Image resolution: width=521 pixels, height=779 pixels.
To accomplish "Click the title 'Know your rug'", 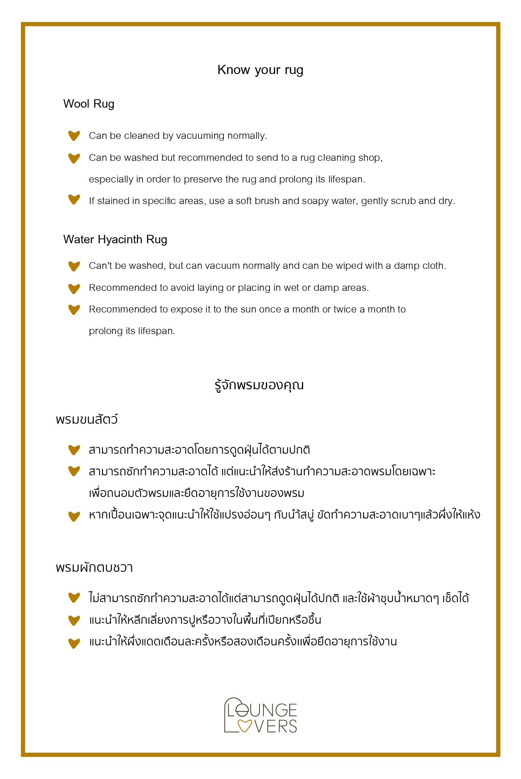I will click(260, 70).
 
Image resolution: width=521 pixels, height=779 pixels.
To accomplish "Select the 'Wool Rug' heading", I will click(89, 104).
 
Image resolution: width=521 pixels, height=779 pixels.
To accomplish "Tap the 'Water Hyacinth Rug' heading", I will click(115, 239).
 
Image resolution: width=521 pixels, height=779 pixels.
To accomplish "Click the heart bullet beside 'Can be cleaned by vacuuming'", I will click(74, 136).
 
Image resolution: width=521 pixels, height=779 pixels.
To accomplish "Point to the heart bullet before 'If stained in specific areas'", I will click(74, 199).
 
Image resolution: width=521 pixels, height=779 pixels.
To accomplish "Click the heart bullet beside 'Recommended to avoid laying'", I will click(74, 288).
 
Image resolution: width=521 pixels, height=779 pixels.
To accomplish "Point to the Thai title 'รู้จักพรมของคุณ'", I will click(259, 385).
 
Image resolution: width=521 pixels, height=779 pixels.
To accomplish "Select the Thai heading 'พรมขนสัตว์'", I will click(87, 420).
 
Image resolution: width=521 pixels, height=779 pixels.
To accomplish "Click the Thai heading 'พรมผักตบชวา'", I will click(95, 567).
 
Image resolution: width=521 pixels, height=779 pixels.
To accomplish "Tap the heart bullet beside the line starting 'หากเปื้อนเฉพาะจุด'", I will click(74, 516).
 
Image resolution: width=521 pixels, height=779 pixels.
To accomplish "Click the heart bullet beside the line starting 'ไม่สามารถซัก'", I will click(74, 598).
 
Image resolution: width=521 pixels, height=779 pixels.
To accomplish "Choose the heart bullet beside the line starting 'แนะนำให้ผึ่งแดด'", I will click(74, 643).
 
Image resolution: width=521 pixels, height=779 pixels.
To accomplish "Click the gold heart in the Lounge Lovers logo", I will click(245, 725).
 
